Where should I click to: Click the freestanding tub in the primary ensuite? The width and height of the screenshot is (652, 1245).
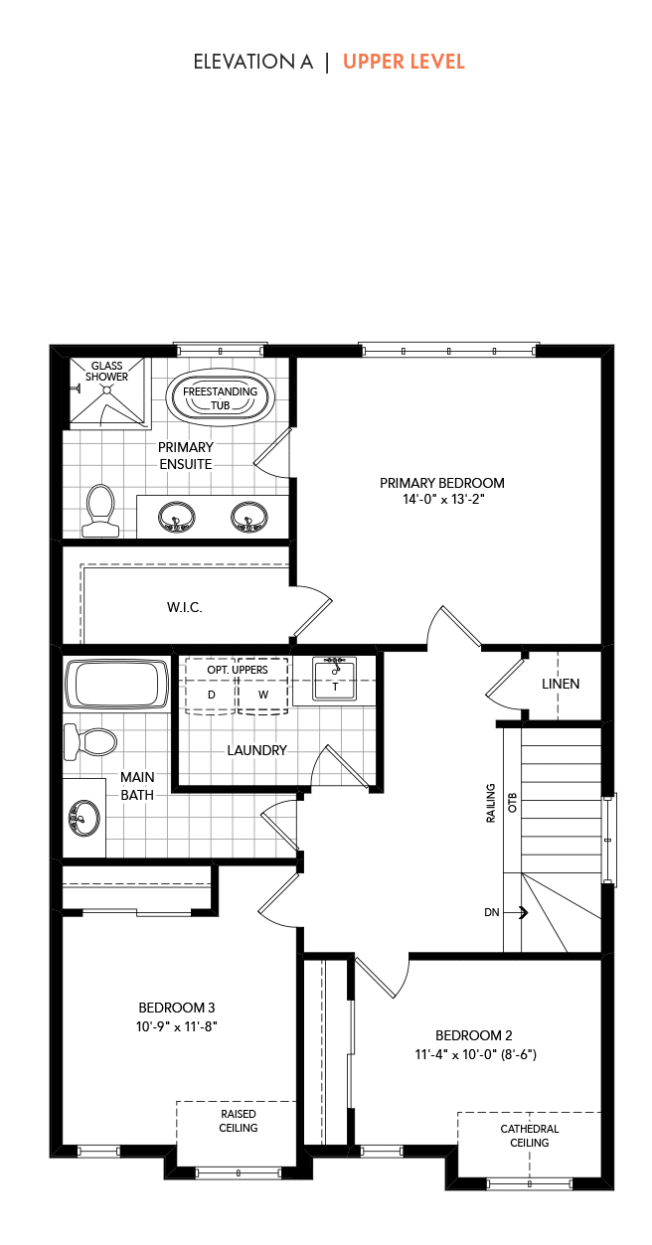click(220, 398)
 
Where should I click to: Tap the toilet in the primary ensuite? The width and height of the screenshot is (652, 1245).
click(100, 511)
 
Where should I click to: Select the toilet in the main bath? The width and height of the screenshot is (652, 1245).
click(90, 741)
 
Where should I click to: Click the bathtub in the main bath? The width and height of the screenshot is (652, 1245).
click(116, 685)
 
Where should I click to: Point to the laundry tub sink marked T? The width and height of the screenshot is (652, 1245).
click(334, 678)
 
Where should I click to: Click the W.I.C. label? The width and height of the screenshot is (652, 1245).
click(185, 607)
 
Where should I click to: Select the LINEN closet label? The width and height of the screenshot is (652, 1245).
click(561, 684)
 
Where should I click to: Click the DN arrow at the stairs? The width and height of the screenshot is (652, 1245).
click(523, 912)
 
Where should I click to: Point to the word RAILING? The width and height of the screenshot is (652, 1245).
click(491, 803)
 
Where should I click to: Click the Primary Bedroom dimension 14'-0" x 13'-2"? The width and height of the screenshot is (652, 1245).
click(443, 499)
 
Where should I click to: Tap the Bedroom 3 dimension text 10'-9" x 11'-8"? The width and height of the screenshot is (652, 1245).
click(176, 1026)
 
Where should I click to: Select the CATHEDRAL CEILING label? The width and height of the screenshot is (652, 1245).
click(529, 1136)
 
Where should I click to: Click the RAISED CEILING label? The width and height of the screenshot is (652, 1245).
click(238, 1121)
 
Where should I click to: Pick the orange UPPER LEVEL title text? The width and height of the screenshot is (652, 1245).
click(404, 62)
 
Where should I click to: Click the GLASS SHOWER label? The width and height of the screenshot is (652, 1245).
click(106, 371)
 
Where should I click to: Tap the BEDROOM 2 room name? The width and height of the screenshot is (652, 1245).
click(473, 1035)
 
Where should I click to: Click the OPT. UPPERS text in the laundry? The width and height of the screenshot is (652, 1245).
click(238, 670)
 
